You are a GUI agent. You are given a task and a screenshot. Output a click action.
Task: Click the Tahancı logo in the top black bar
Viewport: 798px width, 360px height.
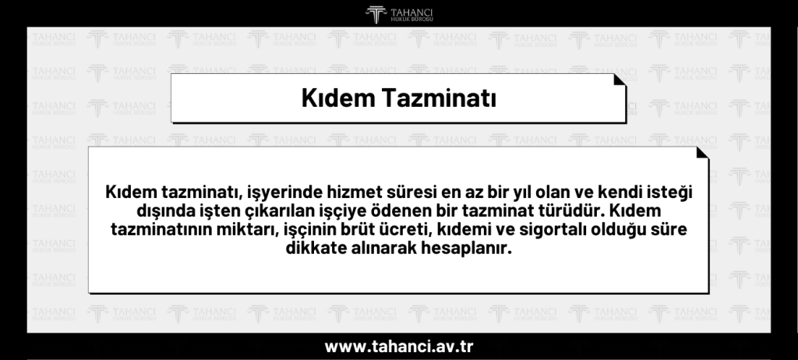pyautogui.click(x=398, y=13)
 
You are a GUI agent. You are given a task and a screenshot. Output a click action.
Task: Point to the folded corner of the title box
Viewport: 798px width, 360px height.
pyautogui.click(x=620, y=80)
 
